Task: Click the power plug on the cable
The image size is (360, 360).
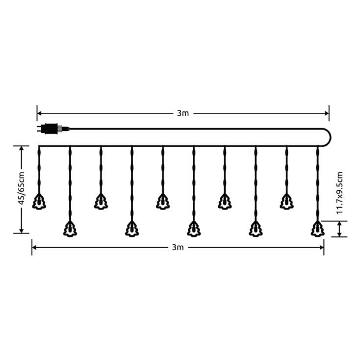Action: [x=53, y=129]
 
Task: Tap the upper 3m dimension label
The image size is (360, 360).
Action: [x=183, y=113]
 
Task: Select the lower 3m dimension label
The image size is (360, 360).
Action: [x=178, y=247]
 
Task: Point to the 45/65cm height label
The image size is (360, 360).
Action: [x=22, y=188]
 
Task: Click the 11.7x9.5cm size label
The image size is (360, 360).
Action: [x=339, y=193]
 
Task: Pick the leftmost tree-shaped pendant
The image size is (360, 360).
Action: [x=39, y=202]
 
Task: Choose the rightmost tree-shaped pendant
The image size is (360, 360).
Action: [x=317, y=229]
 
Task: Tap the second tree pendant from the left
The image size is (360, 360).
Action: [x=70, y=229]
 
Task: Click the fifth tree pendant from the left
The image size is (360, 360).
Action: [x=163, y=202]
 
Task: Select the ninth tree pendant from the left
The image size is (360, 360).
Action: [x=286, y=202]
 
